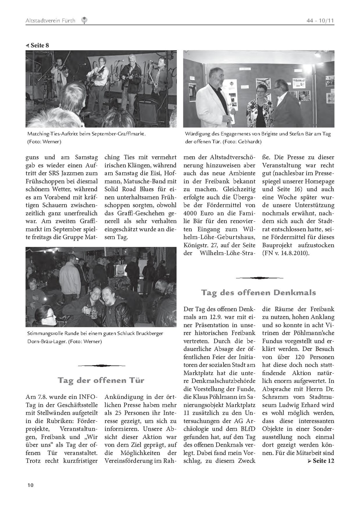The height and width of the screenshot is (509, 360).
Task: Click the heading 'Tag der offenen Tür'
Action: [101, 380]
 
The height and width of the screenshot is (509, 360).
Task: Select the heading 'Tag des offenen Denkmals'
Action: [258, 292]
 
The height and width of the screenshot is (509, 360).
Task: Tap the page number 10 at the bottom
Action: [31, 485]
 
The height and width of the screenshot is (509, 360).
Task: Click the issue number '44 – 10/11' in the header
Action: [320, 21]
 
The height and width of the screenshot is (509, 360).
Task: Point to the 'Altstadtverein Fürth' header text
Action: [50, 21]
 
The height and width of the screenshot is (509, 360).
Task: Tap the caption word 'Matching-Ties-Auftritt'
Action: [53, 134]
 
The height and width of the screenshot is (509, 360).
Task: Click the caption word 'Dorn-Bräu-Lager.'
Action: [47, 342]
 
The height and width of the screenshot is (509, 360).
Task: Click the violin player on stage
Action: [59, 76]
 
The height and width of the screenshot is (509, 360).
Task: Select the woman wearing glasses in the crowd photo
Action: [45, 317]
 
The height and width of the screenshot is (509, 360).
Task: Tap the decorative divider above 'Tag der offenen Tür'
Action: [102, 366]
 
